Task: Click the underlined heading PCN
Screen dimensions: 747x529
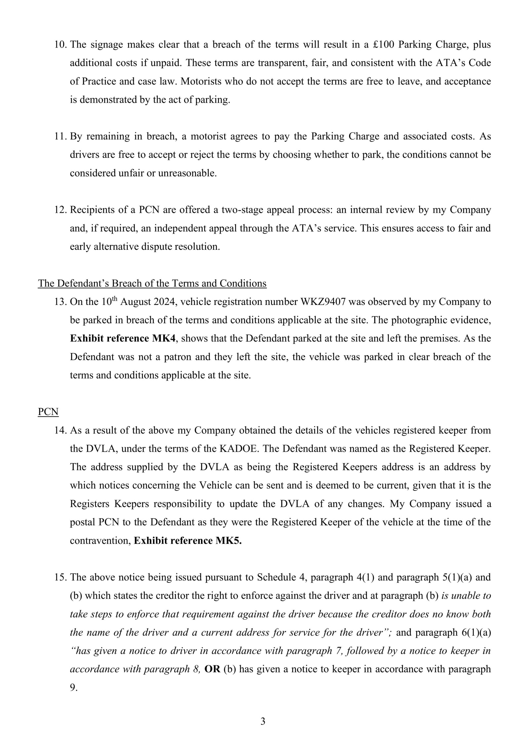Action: pyautogui.click(x=48, y=412)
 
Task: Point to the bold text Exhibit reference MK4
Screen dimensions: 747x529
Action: pyautogui.click(x=122, y=338)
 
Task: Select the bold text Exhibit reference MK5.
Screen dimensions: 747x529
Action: pyautogui.click(x=188, y=541)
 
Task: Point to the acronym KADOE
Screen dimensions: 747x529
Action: pyautogui.click(x=239, y=449)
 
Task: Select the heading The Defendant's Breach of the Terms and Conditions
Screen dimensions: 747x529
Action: pyautogui.click(x=152, y=283)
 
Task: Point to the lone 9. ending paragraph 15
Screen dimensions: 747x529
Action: pyautogui.click(x=73, y=688)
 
